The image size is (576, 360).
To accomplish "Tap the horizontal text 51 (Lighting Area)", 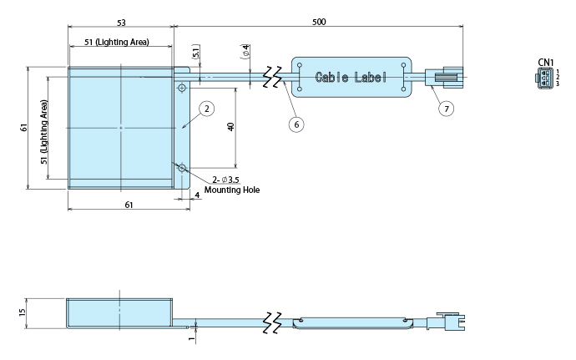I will tap(117, 42).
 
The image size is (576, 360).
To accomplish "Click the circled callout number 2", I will tap(206, 109).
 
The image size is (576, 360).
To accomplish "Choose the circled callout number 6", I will tap(295, 124).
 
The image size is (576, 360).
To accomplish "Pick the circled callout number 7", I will tap(447, 108).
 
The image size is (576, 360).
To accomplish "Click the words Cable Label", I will tap(351, 78).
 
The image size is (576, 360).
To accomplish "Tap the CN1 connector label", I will tap(546, 62).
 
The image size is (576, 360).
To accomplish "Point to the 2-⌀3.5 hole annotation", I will tap(226, 180).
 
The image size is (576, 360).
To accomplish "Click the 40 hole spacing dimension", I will tap(231, 126).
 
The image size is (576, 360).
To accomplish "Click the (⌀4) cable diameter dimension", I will tap(246, 52).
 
